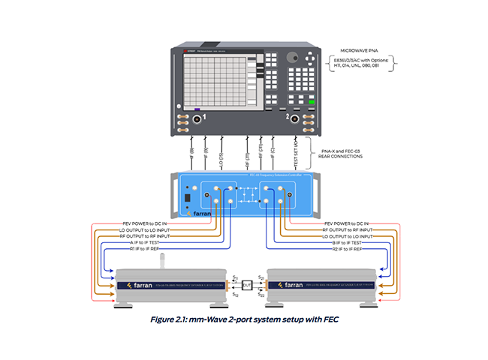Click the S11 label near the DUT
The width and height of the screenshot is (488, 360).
pyautogui.click(x=235, y=277)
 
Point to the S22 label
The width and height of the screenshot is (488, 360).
pyautogui.click(x=261, y=295)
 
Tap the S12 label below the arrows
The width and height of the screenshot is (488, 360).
pyautogui.click(x=235, y=295)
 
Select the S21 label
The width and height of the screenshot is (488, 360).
pyautogui.click(x=261, y=277)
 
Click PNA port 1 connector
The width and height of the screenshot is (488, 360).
pyautogui.click(x=198, y=119)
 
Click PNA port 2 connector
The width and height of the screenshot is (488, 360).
pyautogui.click(x=295, y=119)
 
